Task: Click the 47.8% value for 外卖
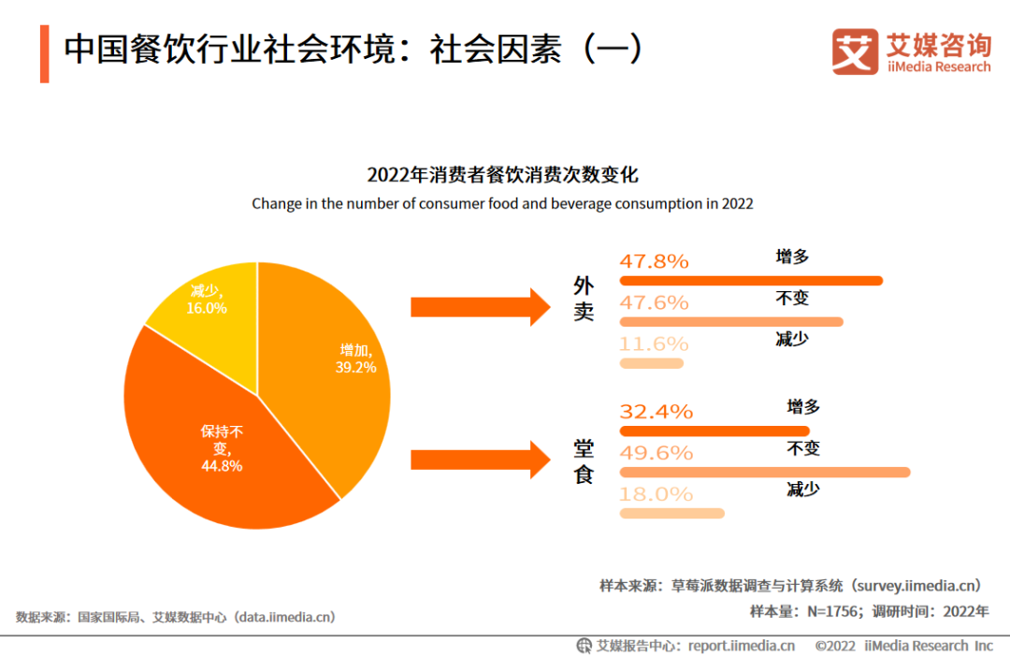point(654,261)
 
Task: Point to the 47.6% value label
point(654,302)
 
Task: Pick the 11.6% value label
point(654,344)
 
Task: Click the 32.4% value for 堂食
point(656,411)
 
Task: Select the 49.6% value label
point(656,452)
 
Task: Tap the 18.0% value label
point(656,493)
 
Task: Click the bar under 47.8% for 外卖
point(751,281)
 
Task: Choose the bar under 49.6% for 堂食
point(764,472)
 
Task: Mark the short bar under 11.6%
point(652,363)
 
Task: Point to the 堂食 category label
point(584,461)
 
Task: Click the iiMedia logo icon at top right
point(855,51)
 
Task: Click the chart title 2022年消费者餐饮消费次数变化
point(502,175)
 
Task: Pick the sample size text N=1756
point(830,611)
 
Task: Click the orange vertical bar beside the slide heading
point(44,53)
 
